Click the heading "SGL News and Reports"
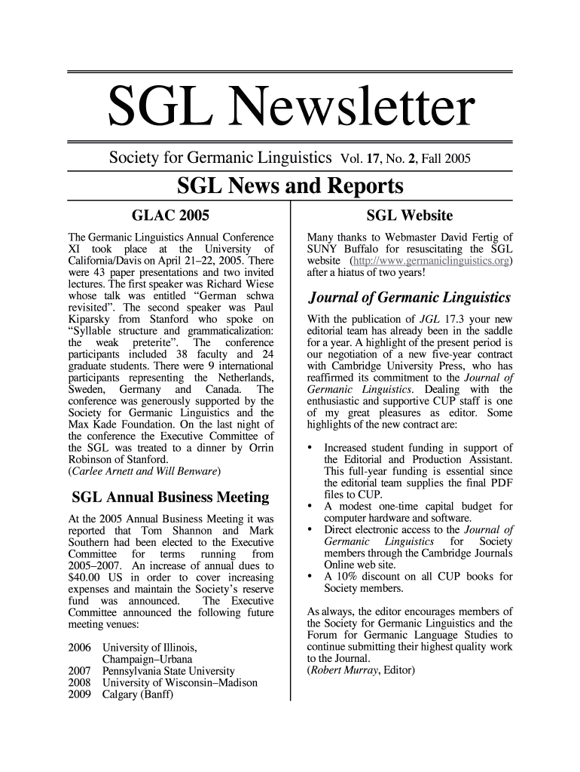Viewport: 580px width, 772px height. [x=290, y=185]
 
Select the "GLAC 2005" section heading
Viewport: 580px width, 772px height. [x=170, y=215]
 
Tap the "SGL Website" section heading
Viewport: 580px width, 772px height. [x=409, y=215]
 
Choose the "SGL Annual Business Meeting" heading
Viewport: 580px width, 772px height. [x=170, y=498]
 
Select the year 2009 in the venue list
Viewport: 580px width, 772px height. [x=79, y=695]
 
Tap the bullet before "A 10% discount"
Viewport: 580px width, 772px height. [x=310, y=577]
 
